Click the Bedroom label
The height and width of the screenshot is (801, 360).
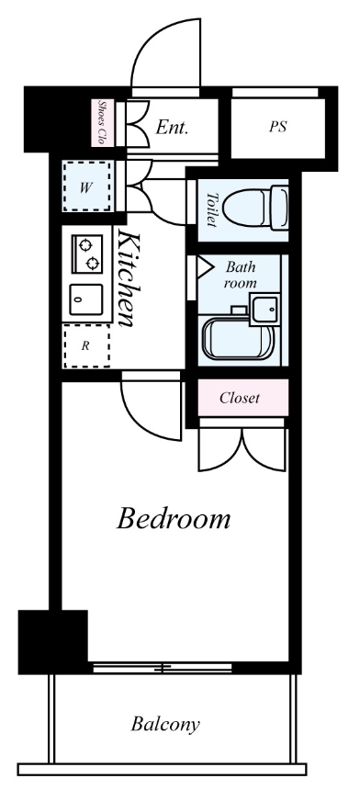pyautogui.click(x=174, y=518)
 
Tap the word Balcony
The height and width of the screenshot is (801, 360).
pyautogui.click(x=165, y=724)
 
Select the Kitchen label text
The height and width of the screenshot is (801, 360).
pyautogui.click(x=128, y=278)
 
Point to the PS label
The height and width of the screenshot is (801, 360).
pyautogui.click(x=277, y=127)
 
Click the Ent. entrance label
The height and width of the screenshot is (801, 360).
pyautogui.click(x=172, y=127)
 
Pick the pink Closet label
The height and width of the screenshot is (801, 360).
pyautogui.click(x=240, y=398)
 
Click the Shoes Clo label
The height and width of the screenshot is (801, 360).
pyautogui.click(x=102, y=122)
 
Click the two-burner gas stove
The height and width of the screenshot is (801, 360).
pyautogui.click(x=87, y=254)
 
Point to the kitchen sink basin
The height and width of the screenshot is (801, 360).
pyautogui.click(x=85, y=299)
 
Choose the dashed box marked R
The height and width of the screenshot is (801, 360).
pyautogui.click(x=86, y=345)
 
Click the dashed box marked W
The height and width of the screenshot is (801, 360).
pyautogui.click(x=86, y=187)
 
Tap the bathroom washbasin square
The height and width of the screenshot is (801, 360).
pyautogui.click(x=265, y=309)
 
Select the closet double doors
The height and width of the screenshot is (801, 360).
pyautogui.click(x=242, y=449)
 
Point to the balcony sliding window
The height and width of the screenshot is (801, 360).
pyautogui.click(x=163, y=667)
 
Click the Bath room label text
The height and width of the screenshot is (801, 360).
pyautogui.click(x=240, y=275)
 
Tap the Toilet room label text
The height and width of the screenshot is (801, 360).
pyautogui.click(x=211, y=209)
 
